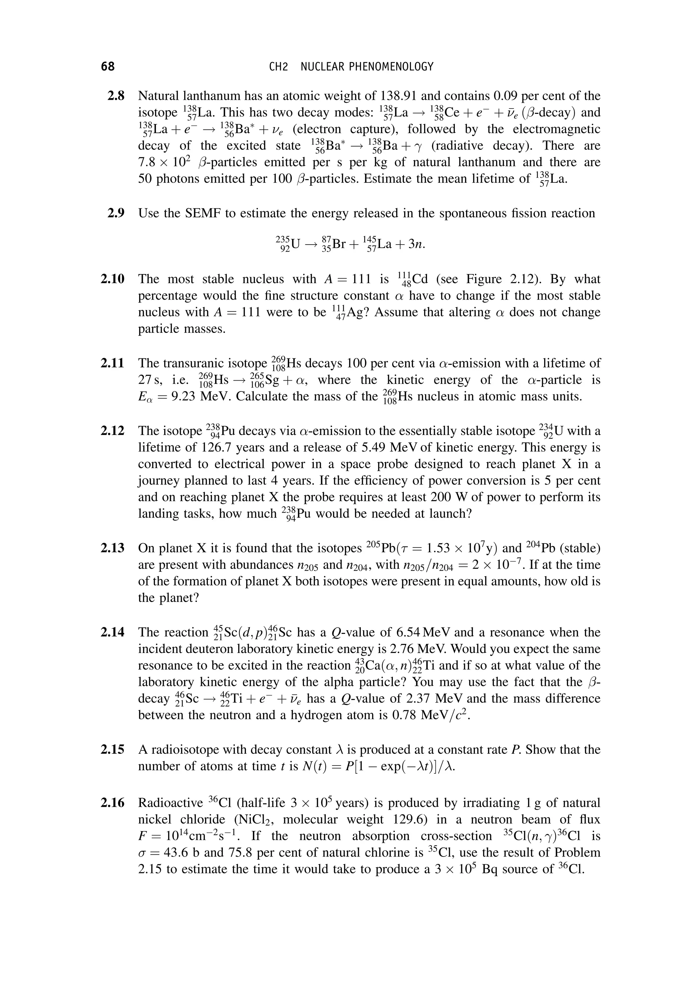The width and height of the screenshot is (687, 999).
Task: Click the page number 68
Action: point(108,67)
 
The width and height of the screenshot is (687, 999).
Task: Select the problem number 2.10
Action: point(113,279)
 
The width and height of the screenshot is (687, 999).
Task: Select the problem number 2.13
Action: point(113,548)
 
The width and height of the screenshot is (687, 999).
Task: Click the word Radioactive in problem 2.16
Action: point(170,802)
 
